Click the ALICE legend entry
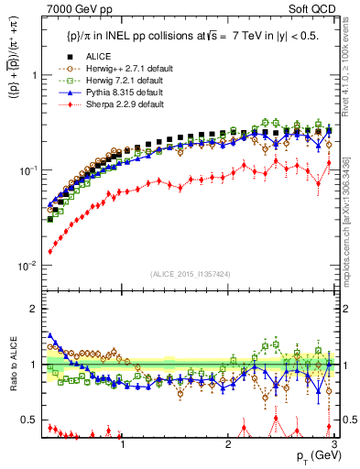tap(86, 57)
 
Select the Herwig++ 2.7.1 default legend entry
tap(111, 69)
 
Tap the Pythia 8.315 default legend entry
tap(107, 93)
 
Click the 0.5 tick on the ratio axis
tap(31, 420)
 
